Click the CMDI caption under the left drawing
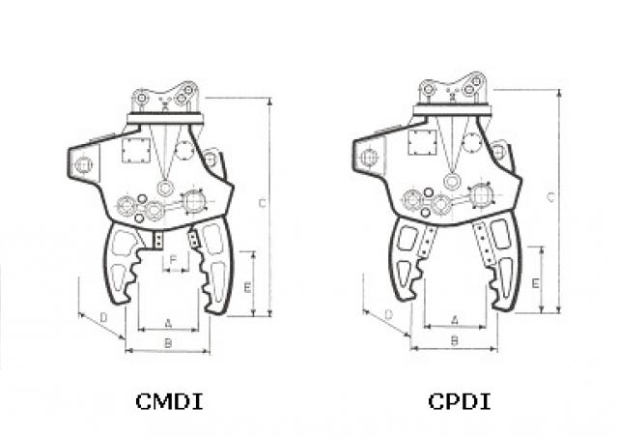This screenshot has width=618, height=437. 169,401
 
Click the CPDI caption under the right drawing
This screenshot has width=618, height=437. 460,401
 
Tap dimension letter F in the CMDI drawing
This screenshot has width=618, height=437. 173,260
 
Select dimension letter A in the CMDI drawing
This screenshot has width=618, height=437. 168,323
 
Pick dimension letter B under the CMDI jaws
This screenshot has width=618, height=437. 168,343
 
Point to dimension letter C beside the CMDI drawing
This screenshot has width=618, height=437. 263,203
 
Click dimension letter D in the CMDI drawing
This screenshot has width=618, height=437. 103,317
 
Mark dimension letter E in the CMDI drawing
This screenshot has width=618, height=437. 247,287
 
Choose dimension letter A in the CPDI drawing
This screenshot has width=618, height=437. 455,320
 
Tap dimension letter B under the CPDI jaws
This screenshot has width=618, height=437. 455,340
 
